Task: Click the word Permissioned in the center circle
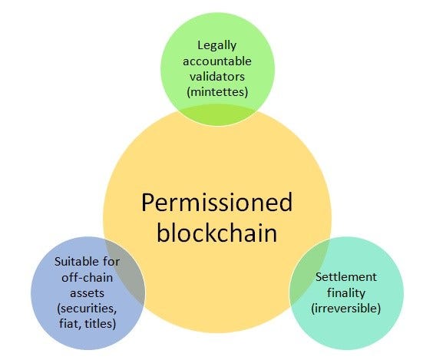(217, 203)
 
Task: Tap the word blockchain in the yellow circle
(216, 233)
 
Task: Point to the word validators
(216, 78)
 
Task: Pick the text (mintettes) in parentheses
(216, 92)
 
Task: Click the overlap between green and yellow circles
(217, 114)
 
